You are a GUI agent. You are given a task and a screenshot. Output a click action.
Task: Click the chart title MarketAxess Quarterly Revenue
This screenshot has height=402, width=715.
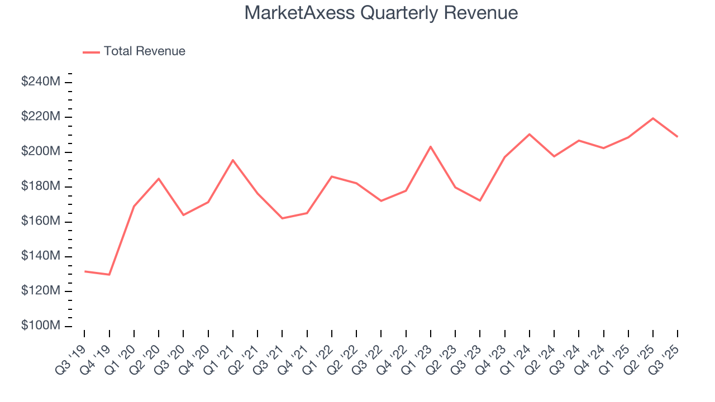[x=381, y=13]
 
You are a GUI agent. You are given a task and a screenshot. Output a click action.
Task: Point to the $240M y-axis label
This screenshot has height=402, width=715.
[x=41, y=82]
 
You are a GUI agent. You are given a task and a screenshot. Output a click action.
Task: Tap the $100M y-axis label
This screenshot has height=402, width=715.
[x=41, y=326]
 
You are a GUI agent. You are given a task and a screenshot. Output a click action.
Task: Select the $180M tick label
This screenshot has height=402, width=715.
[x=41, y=186]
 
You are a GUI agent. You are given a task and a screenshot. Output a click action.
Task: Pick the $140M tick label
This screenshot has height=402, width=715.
[x=41, y=256]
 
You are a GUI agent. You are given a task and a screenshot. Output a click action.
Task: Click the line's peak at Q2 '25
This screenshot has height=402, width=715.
[x=653, y=118]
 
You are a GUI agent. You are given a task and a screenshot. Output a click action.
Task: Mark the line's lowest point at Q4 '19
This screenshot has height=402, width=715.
[x=109, y=274]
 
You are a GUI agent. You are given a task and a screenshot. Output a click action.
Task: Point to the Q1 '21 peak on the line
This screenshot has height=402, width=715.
[x=233, y=160]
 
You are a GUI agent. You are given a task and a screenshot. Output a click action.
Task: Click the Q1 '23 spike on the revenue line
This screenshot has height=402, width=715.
[x=431, y=147]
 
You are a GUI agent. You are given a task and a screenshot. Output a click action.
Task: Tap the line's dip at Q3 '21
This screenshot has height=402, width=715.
[x=282, y=218]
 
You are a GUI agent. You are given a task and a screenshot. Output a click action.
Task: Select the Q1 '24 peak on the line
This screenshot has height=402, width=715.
[x=530, y=134]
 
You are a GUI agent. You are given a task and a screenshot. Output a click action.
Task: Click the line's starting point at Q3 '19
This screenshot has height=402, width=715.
[x=85, y=271]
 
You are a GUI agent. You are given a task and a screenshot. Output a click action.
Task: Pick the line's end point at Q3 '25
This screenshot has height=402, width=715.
[x=678, y=136]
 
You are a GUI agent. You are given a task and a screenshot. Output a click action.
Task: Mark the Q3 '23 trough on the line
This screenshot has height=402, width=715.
[x=480, y=200]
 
